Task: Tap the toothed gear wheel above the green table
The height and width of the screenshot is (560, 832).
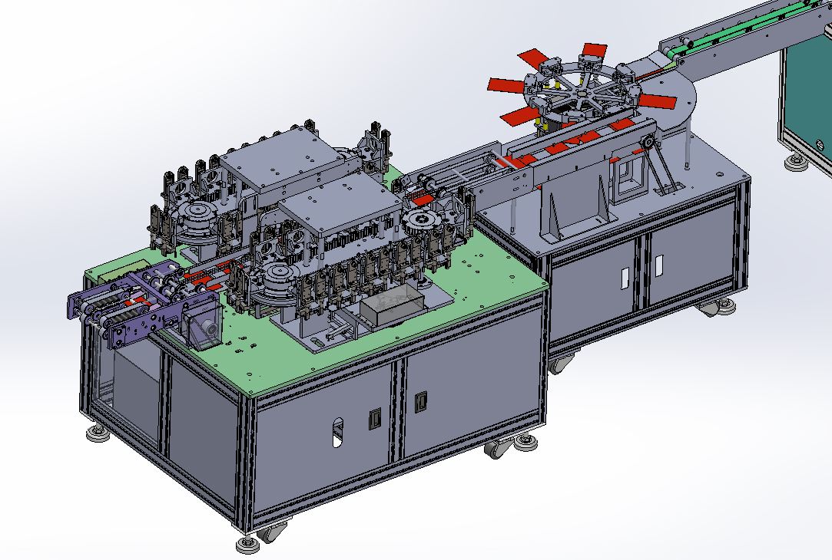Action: coord(422,225)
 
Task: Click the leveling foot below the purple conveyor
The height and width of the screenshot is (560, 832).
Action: coord(97,435)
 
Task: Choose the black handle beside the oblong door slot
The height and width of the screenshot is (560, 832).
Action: coord(375,419)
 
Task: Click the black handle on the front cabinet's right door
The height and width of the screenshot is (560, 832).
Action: coord(420,400)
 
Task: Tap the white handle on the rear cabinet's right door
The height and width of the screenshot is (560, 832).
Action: coord(658,264)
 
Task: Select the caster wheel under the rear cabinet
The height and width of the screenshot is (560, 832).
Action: coord(723,308)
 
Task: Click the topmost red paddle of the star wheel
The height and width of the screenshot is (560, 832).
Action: coord(589,51)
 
